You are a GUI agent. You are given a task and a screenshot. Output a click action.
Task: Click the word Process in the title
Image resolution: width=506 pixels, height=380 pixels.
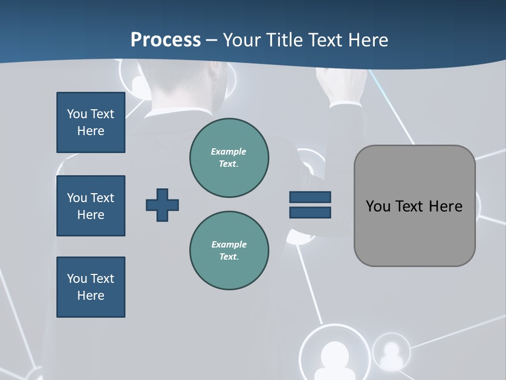pyautogui.click(x=166, y=40)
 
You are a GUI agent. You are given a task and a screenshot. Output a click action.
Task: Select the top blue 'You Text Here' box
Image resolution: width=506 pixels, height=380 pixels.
pyautogui.click(x=91, y=122)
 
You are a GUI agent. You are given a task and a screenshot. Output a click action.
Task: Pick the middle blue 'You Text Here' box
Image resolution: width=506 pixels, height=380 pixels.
pyautogui.click(x=91, y=206)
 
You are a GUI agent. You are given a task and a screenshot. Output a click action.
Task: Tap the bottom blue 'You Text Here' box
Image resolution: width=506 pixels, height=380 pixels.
pyautogui.click(x=91, y=287)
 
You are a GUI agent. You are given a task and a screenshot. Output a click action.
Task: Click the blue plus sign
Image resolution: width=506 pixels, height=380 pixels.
pyautogui.click(x=162, y=205)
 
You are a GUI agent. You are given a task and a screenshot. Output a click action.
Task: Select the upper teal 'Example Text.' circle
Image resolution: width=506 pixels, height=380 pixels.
pyautogui.click(x=229, y=158)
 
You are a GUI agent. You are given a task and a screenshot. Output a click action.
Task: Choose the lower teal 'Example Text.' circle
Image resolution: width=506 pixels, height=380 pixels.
pyautogui.click(x=229, y=251)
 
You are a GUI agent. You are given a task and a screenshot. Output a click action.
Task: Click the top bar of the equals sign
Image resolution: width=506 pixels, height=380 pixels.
pyautogui.click(x=310, y=197)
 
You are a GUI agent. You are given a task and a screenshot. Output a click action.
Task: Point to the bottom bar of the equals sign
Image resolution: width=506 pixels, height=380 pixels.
pyautogui.click(x=310, y=212)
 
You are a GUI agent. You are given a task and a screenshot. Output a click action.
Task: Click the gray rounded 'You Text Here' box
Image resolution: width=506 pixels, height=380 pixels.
pyautogui.click(x=414, y=206)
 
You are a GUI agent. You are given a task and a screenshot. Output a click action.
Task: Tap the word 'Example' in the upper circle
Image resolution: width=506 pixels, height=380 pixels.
pyautogui.click(x=229, y=151)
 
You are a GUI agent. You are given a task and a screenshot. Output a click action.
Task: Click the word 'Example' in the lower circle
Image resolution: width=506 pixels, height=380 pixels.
pyautogui.click(x=229, y=244)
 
